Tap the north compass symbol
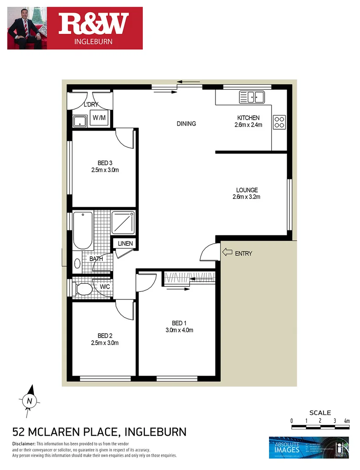tap(29, 399)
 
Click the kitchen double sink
tap(252, 97)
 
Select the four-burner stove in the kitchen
tap(279, 122)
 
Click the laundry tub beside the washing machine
tap(79, 120)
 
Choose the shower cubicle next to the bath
tap(123, 222)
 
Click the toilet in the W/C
tap(83, 288)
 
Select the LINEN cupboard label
tap(125, 244)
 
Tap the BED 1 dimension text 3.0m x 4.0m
tap(179, 330)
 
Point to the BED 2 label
tap(105, 336)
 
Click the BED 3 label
tap(105, 163)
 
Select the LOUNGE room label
tap(247, 190)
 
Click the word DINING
tap(186, 124)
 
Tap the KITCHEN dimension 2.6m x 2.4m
tap(248, 124)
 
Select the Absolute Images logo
tap(308, 448)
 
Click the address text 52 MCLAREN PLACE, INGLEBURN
tap(99, 432)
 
